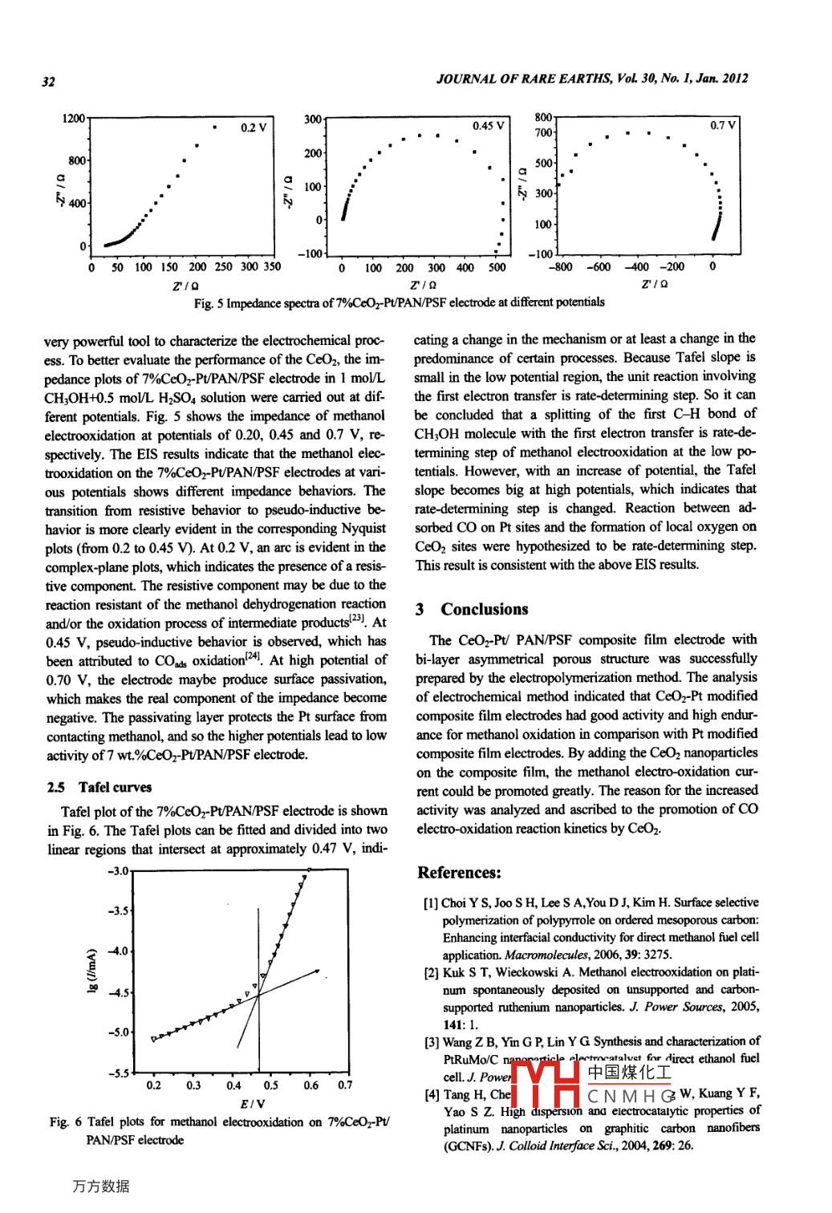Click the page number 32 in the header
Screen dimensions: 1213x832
[x=49, y=81]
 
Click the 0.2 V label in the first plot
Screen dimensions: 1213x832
[x=254, y=128]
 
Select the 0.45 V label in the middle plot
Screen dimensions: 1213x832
[x=488, y=126]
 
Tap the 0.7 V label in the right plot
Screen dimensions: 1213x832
[x=723, y=125]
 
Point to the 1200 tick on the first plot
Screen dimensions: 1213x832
[x=73, y=119]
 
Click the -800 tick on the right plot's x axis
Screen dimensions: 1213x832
[x=560, y=267]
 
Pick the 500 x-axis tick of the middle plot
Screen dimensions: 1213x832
[x=497, y=268]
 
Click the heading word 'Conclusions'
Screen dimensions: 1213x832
[x=485, y=609]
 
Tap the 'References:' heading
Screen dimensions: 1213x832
[x=459, y=873]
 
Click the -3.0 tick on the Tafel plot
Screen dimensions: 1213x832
[x=117, y=871]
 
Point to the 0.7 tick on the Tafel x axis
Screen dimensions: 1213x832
[x=344, y=1085]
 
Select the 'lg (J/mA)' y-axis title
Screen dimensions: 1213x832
[x=91, y=971]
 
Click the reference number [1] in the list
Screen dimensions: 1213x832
[x=431, y=903]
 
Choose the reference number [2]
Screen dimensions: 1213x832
[x=431, y=973]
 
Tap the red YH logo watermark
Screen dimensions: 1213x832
[x=546, y=1084]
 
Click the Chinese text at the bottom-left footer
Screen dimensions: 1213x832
[x=100, y=1187]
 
